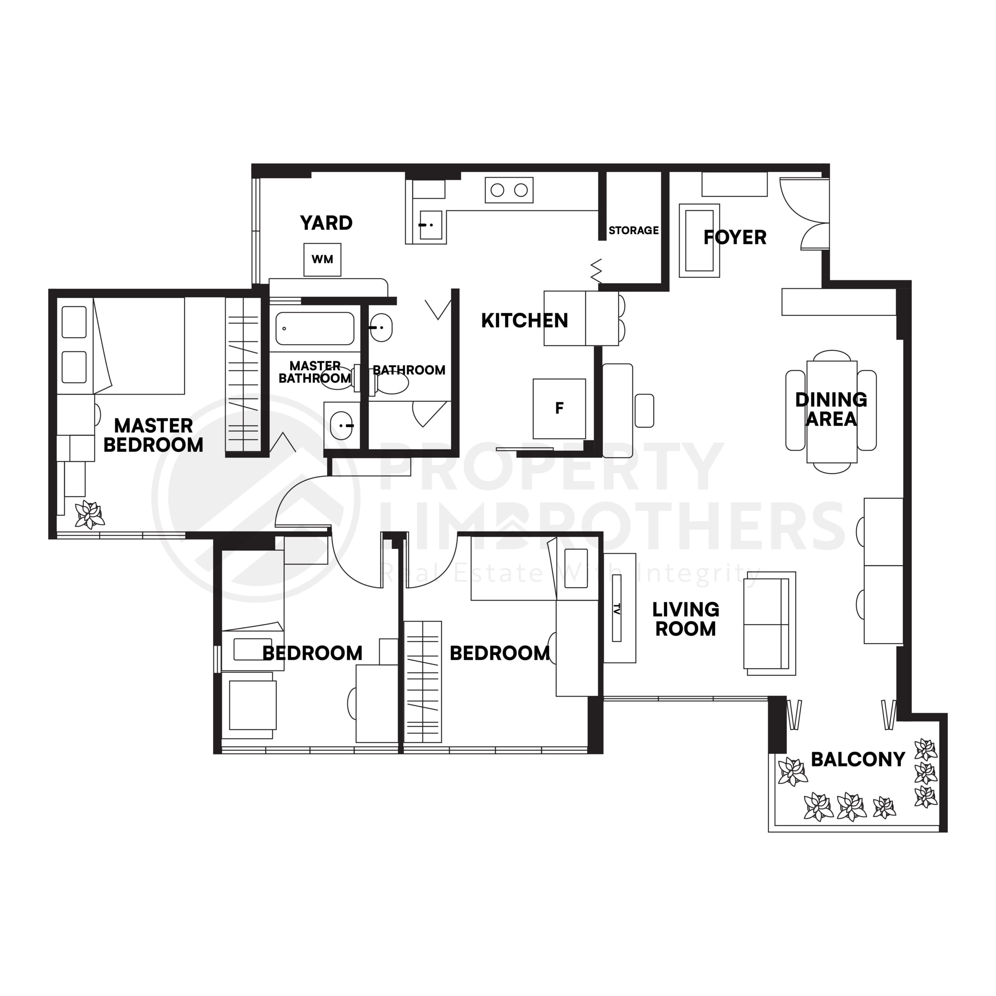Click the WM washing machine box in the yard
coord(322,260)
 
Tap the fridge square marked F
coord(559,408)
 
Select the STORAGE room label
coord(633,230)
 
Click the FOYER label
coord(735,238)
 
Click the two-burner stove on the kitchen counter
coord(509,190)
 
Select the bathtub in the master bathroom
coord(314,328)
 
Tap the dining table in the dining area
coord(831,411)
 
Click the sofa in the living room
coord(769,624)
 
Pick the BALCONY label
coord(858,759)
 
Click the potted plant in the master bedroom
coord(90,514)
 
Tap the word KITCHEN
coord(524,321)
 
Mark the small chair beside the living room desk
coord(644,411)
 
